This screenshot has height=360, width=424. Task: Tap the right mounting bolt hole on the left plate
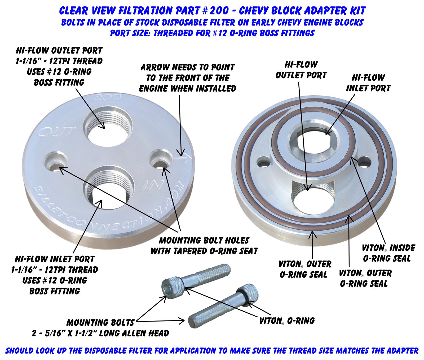point(160,160)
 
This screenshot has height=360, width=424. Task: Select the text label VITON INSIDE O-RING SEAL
point(388,253)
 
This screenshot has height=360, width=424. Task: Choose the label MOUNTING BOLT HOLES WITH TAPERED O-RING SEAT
point(204,246)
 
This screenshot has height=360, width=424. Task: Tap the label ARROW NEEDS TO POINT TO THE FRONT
point(188,77)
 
